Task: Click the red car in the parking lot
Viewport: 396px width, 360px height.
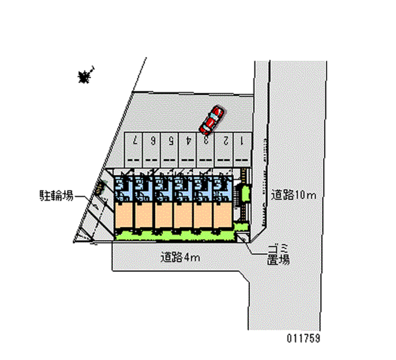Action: click(211, 120)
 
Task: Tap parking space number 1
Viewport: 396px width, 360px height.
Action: click(242, 148)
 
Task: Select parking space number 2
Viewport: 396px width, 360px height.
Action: click(224, 148)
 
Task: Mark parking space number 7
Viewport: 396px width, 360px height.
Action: click(135, 148)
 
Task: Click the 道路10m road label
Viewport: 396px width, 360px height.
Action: click(293, 195)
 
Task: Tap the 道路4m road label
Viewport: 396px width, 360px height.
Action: click(180, 257)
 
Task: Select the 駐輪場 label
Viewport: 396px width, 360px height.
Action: click(56, 196)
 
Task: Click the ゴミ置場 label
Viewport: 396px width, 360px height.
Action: click(278, 254)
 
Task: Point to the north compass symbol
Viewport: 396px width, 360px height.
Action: click(85, 76)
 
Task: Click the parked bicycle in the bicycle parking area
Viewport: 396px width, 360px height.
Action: click(100, 187)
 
